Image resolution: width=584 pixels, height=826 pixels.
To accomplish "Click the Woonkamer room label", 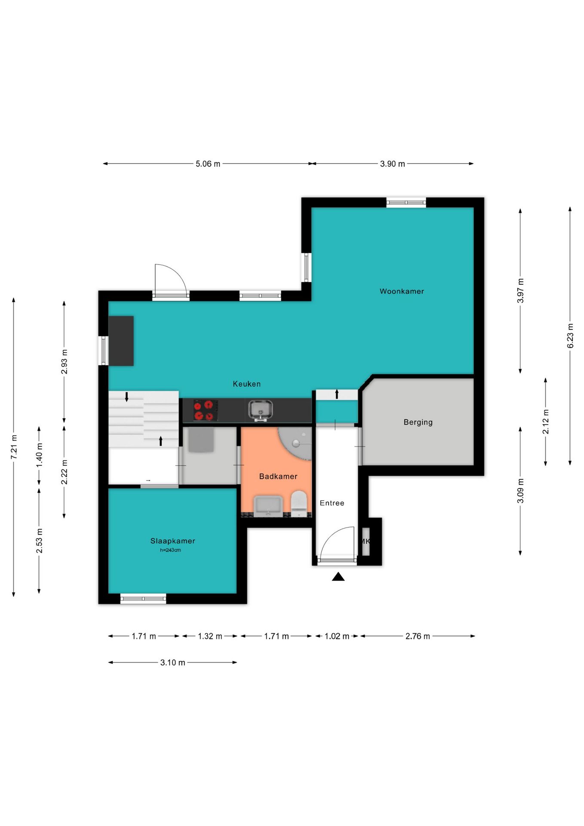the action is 402,291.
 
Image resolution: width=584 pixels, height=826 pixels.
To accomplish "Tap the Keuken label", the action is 246,384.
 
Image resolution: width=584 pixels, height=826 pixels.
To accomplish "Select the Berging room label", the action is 418,422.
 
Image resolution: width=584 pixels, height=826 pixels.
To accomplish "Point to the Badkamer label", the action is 278,476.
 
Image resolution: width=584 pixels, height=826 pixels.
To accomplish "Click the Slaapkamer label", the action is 172,541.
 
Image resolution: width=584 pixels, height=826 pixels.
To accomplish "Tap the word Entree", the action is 332,503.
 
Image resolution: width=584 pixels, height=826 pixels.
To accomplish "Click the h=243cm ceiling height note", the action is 170,550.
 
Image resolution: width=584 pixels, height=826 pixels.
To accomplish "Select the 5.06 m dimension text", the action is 208,164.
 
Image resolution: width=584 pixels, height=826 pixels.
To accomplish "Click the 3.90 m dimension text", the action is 393,164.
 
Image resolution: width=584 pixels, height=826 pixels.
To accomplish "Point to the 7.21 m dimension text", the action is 14,447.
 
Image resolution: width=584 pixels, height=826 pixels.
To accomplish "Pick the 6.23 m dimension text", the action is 570,336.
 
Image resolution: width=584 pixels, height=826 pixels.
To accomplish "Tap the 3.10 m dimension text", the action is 173,663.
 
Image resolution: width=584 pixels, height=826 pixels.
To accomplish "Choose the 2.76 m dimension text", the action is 418,636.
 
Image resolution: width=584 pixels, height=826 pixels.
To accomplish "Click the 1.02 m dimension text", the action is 337,636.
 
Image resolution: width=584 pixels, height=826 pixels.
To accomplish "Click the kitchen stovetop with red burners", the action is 203,410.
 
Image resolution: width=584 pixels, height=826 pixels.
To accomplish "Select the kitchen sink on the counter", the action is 260,410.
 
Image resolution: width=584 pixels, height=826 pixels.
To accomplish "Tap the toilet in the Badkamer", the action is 299,503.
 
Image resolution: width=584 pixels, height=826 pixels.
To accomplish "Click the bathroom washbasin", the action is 268,505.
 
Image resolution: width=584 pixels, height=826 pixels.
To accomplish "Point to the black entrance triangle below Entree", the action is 338,576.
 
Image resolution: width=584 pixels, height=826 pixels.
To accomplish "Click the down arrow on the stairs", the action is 126,397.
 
